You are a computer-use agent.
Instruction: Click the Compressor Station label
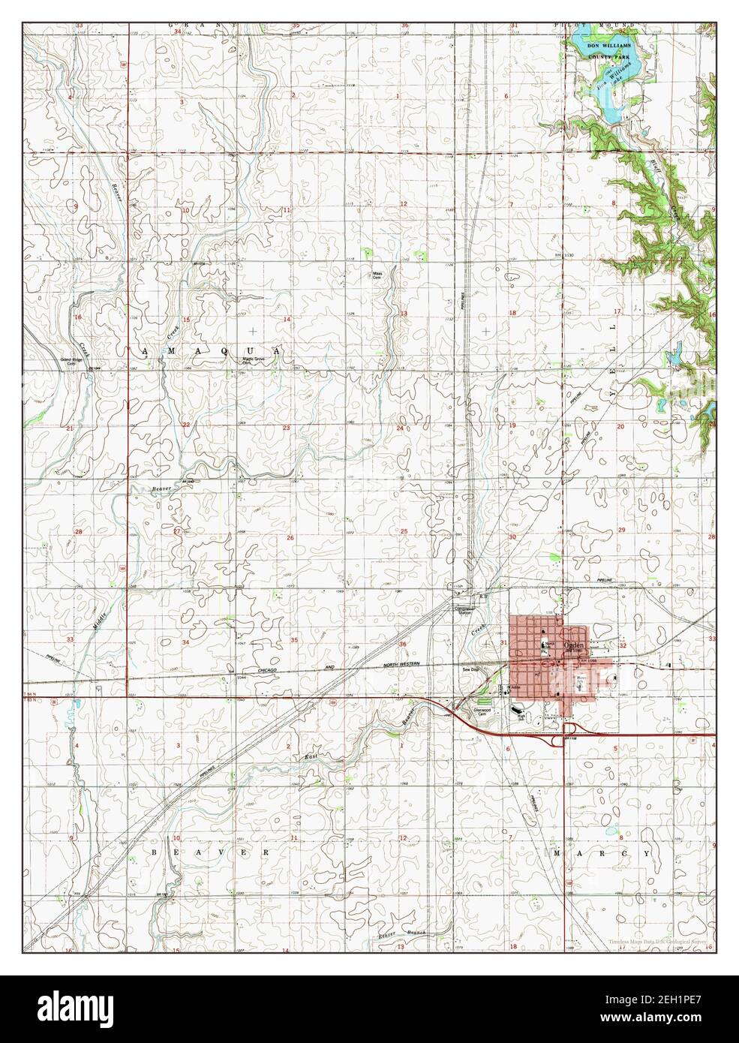tap(466, 610)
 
